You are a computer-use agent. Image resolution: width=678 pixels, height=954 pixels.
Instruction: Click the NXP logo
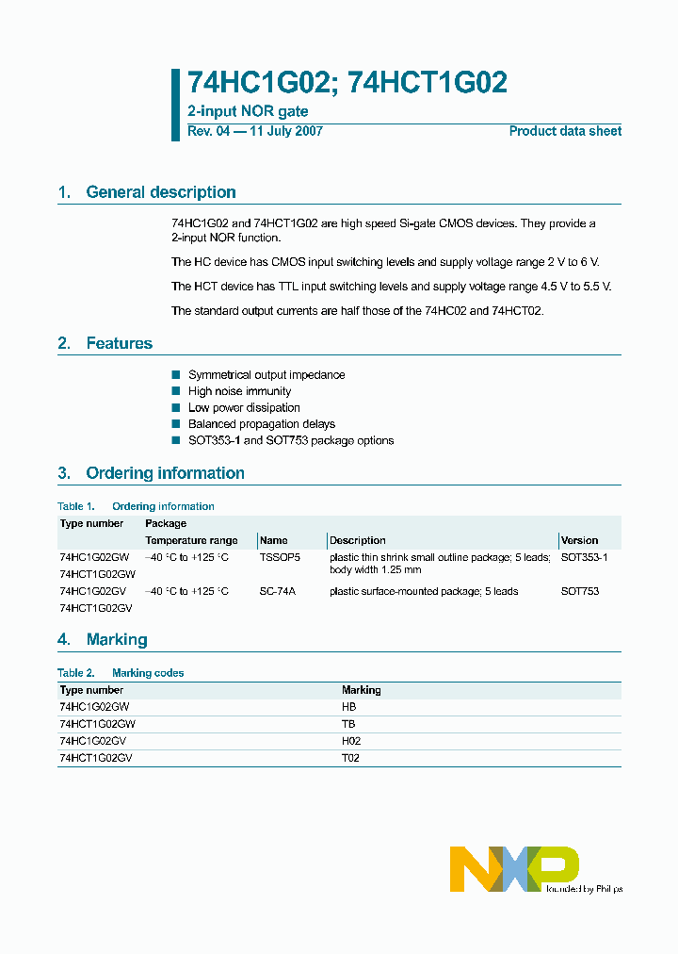pos(514,868)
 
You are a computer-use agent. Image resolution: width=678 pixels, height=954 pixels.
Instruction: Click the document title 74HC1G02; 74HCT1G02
pos(347,84)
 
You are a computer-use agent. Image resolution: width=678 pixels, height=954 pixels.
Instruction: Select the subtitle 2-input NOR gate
pos(248,112)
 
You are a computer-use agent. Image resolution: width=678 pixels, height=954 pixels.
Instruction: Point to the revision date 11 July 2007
pos(285,131)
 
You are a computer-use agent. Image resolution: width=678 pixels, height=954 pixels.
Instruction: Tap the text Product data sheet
pos(565,131)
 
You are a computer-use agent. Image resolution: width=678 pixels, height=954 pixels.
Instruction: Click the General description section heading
pos(160,192)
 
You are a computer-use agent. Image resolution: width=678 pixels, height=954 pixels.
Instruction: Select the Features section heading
pos(119,343)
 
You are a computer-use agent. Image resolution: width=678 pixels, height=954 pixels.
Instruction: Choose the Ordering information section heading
pos(165,473)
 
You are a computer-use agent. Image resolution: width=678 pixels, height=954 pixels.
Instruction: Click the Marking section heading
pos(117,639)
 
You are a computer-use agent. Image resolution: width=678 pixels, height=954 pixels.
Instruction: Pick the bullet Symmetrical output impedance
pos(266,375)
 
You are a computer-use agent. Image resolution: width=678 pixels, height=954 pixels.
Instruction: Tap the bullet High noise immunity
pos(239,391)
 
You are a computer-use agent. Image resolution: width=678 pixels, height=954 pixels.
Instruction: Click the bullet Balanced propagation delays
pos(262,424)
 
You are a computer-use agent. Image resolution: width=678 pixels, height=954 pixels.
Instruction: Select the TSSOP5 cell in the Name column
pos(279,557)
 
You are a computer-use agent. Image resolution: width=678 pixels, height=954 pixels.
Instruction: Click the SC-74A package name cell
pos(277,591)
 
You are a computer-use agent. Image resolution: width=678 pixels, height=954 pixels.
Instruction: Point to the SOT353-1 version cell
pos(584,557)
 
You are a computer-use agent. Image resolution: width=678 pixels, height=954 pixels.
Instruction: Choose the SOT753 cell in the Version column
pos(579,591)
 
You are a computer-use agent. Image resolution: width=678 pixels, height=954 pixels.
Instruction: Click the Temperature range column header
pos(191,540)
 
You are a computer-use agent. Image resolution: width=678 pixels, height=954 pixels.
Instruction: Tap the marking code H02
pos(350,741)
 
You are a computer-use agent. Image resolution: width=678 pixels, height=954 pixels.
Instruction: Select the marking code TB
pos(347,724)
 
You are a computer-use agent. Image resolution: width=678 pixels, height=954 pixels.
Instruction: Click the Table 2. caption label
pos(75,673)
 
